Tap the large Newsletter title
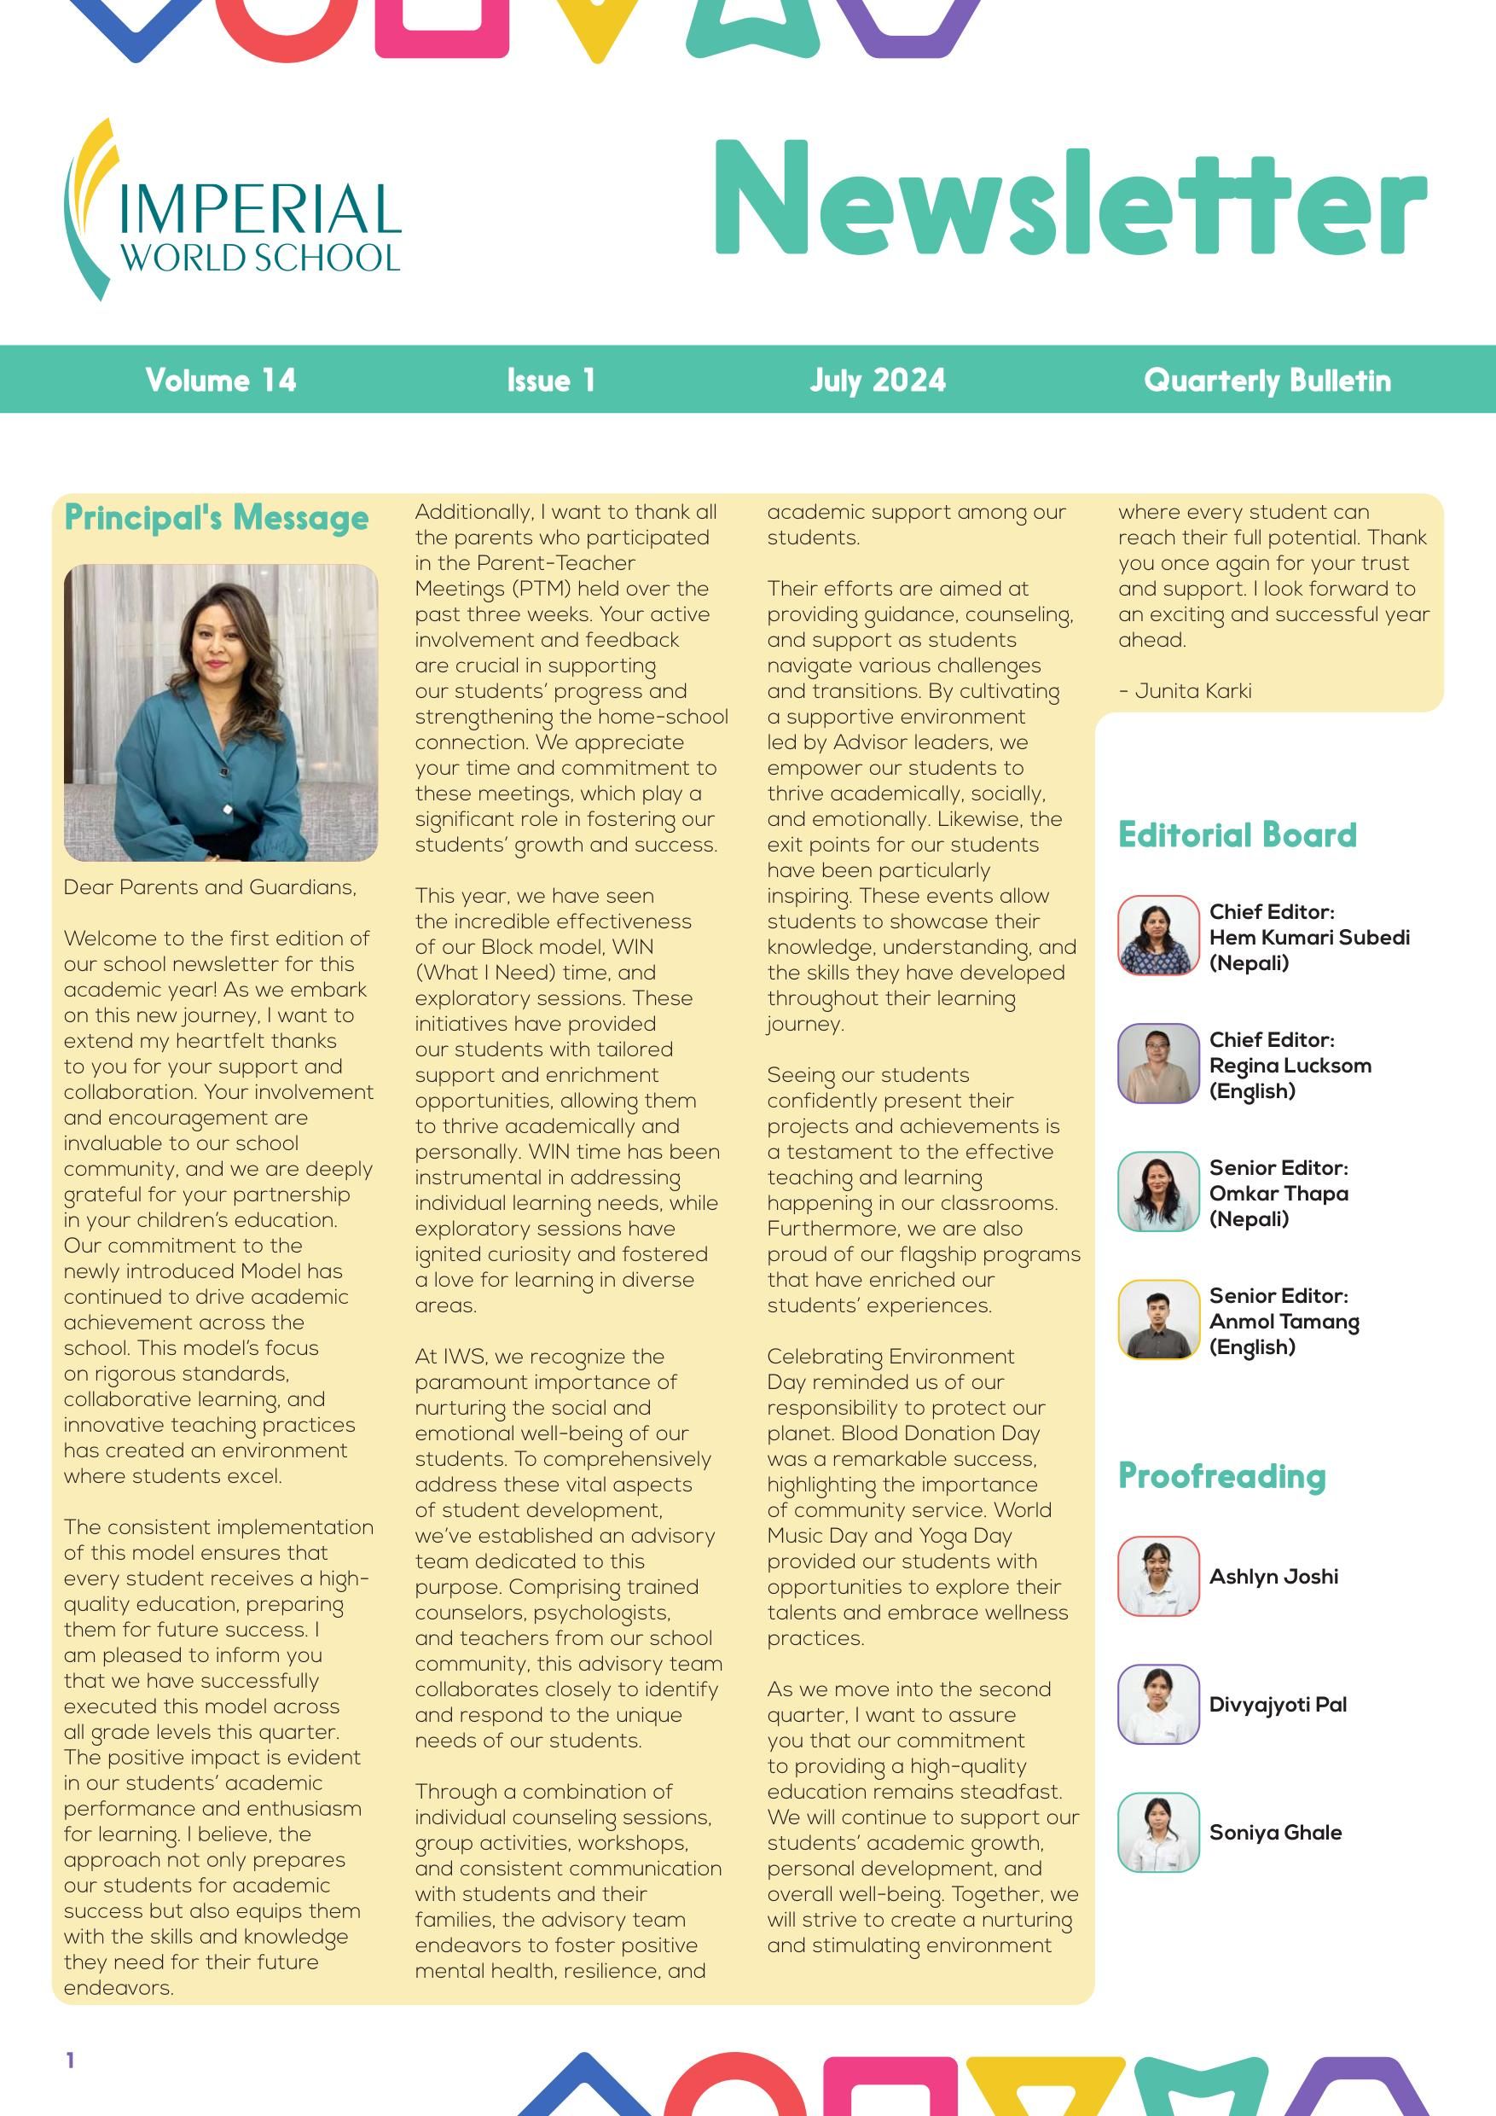coord(1070,199)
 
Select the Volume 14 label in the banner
coord(221,380)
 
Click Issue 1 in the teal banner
coord(551,380)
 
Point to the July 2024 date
coord(877,380)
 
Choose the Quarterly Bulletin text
coord(1267,380)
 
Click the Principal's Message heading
coord(217,518)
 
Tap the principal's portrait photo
coord(221,712)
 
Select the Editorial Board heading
coord(1238,835)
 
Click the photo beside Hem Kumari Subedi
coord(1158,935)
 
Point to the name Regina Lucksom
coord(1290,1066)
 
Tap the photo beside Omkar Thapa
coord(1158,1192)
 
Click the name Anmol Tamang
coord(1284,1322)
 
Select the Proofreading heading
coord(1221,1476)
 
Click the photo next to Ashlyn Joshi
coord(1158,1576)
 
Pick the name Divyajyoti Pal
coord(1278,1704)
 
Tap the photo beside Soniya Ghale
coord(1158,1832)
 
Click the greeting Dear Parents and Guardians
coord(210,887)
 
